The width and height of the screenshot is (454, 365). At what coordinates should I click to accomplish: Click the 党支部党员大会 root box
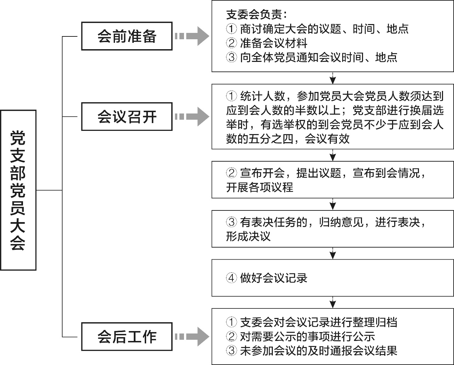18,190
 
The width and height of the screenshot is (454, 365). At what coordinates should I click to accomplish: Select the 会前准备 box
127,36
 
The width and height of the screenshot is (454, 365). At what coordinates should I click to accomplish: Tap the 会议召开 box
127,117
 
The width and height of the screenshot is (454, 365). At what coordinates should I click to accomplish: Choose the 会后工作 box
127,336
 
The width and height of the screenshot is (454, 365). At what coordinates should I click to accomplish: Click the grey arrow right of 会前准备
193,36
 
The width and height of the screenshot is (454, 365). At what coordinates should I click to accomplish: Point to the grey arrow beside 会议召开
193,117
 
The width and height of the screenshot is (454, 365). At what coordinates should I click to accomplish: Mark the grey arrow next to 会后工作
193,336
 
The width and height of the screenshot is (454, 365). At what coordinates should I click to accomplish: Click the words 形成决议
248,236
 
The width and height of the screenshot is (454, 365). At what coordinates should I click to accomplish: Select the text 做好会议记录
274,278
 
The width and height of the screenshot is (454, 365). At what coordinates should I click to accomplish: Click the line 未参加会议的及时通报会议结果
318,350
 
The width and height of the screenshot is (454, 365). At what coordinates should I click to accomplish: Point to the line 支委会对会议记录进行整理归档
318,322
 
